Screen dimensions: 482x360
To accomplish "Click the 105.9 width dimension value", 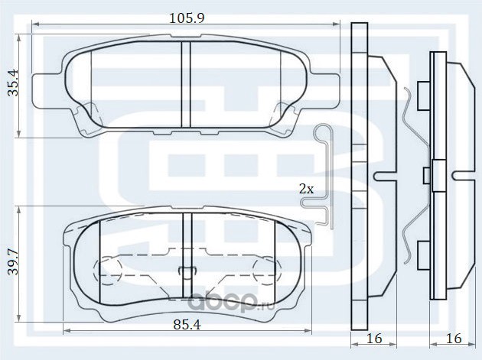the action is tap(187, 18).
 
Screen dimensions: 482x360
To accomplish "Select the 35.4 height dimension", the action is tap(13, 83).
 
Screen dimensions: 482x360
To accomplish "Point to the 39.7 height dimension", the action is tap(13, 262).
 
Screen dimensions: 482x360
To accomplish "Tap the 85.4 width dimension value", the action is tap(187, 324).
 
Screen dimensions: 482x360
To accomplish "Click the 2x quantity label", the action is tap(307, 189).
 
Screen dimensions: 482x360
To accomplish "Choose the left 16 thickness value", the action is tap(374, 338).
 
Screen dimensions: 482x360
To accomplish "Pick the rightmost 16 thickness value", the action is tap(454, 338).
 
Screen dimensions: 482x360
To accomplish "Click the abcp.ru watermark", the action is tap(230, 302).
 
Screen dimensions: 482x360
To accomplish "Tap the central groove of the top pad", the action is tap(186, 84).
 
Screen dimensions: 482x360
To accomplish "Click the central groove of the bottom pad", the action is tap(187, 255).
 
